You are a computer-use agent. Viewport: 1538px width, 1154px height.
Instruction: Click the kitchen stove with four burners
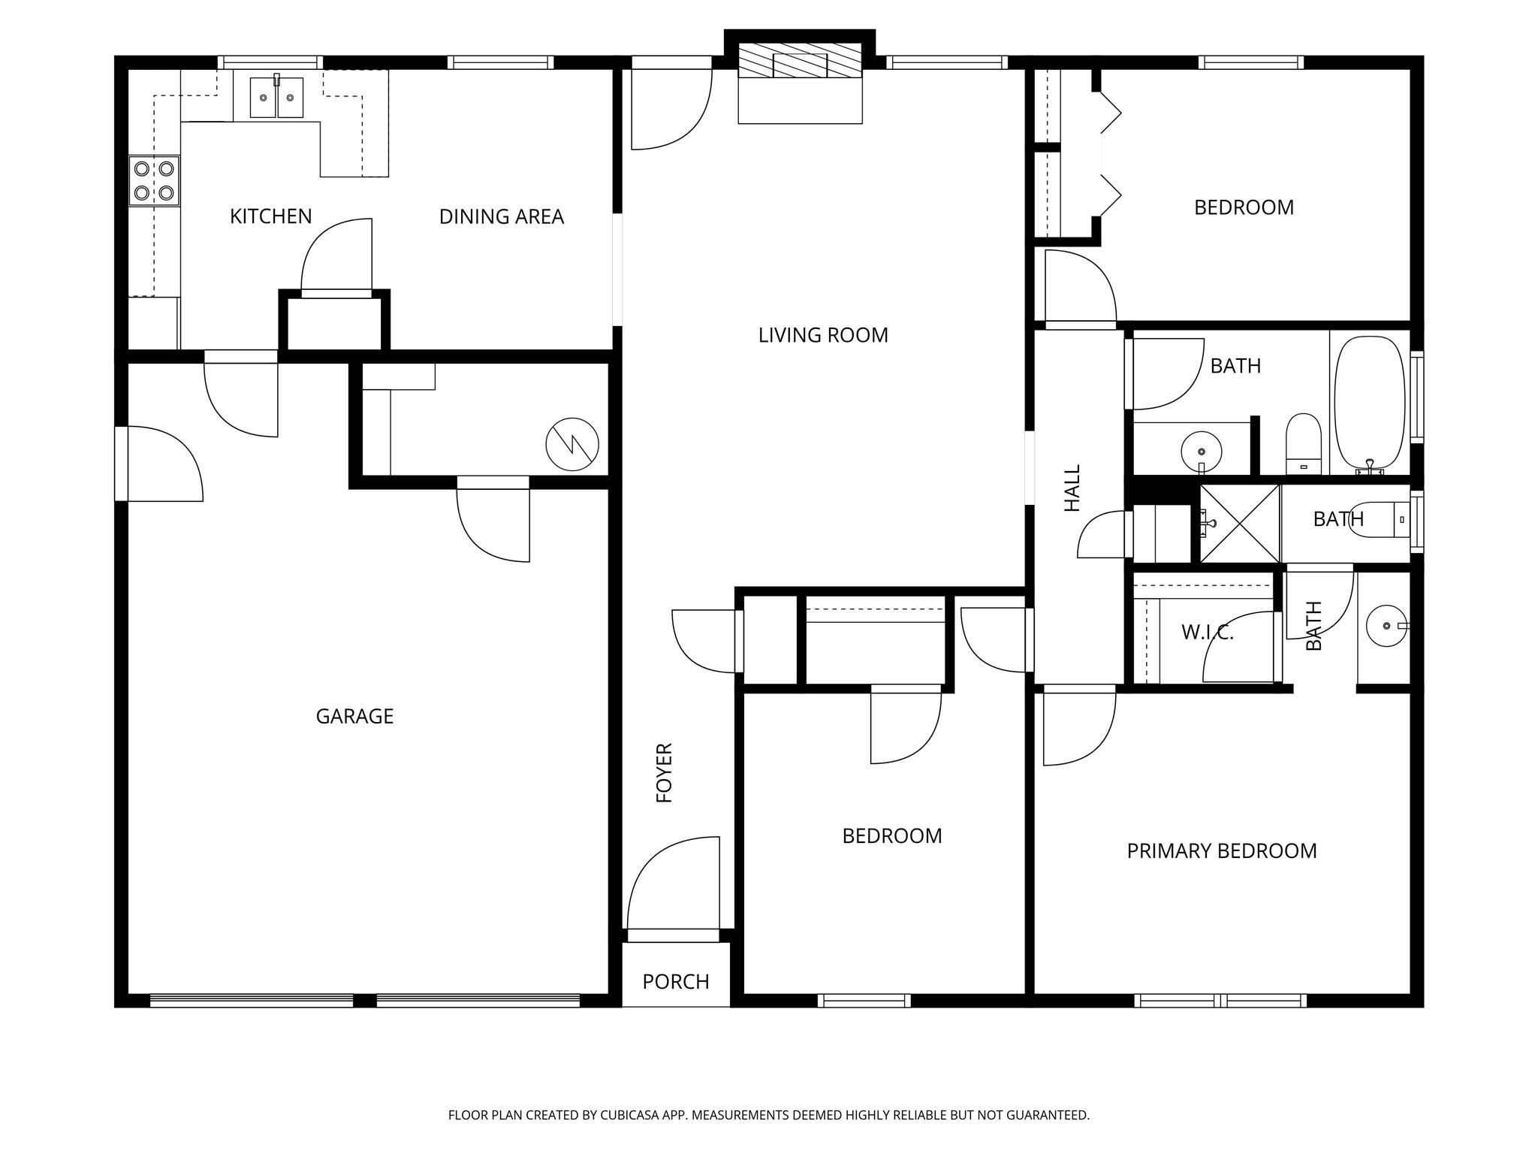154,181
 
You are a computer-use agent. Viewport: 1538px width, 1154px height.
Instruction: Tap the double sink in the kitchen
276,98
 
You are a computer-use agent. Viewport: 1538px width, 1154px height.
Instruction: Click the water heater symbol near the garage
572,445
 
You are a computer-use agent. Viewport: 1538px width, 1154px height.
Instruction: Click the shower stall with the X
1240,524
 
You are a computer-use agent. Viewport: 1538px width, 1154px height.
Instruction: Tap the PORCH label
676,982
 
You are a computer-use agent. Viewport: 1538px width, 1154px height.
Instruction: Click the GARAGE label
354,716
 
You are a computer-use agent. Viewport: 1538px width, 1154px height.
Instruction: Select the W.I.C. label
1208,633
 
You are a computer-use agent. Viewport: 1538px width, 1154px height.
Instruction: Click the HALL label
1072,488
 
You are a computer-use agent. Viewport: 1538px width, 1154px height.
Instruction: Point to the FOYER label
665,773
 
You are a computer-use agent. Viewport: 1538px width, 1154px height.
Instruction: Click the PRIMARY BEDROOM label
1222,851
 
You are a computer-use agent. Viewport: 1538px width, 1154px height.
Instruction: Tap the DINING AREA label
501,217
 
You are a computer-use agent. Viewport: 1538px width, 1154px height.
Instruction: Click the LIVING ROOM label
823,335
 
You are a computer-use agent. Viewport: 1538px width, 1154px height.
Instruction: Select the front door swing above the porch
673,887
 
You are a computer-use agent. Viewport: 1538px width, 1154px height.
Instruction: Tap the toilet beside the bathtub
1304,443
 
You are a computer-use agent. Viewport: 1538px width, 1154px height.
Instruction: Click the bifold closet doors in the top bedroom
1109,154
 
